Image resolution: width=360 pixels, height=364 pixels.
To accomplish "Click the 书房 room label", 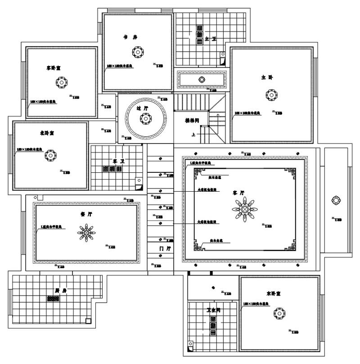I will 130,37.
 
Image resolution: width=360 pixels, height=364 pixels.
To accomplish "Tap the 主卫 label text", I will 211,40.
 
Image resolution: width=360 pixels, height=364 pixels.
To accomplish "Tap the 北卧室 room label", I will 47,133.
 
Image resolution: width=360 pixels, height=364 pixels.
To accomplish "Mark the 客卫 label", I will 118,161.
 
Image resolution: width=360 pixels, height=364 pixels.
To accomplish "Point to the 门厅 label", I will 165,248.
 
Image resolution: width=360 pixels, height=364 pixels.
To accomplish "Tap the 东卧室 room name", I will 274,293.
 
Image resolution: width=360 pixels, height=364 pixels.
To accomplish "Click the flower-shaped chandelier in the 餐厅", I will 86,232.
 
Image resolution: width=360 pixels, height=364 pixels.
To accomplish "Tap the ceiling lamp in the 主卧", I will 270,95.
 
